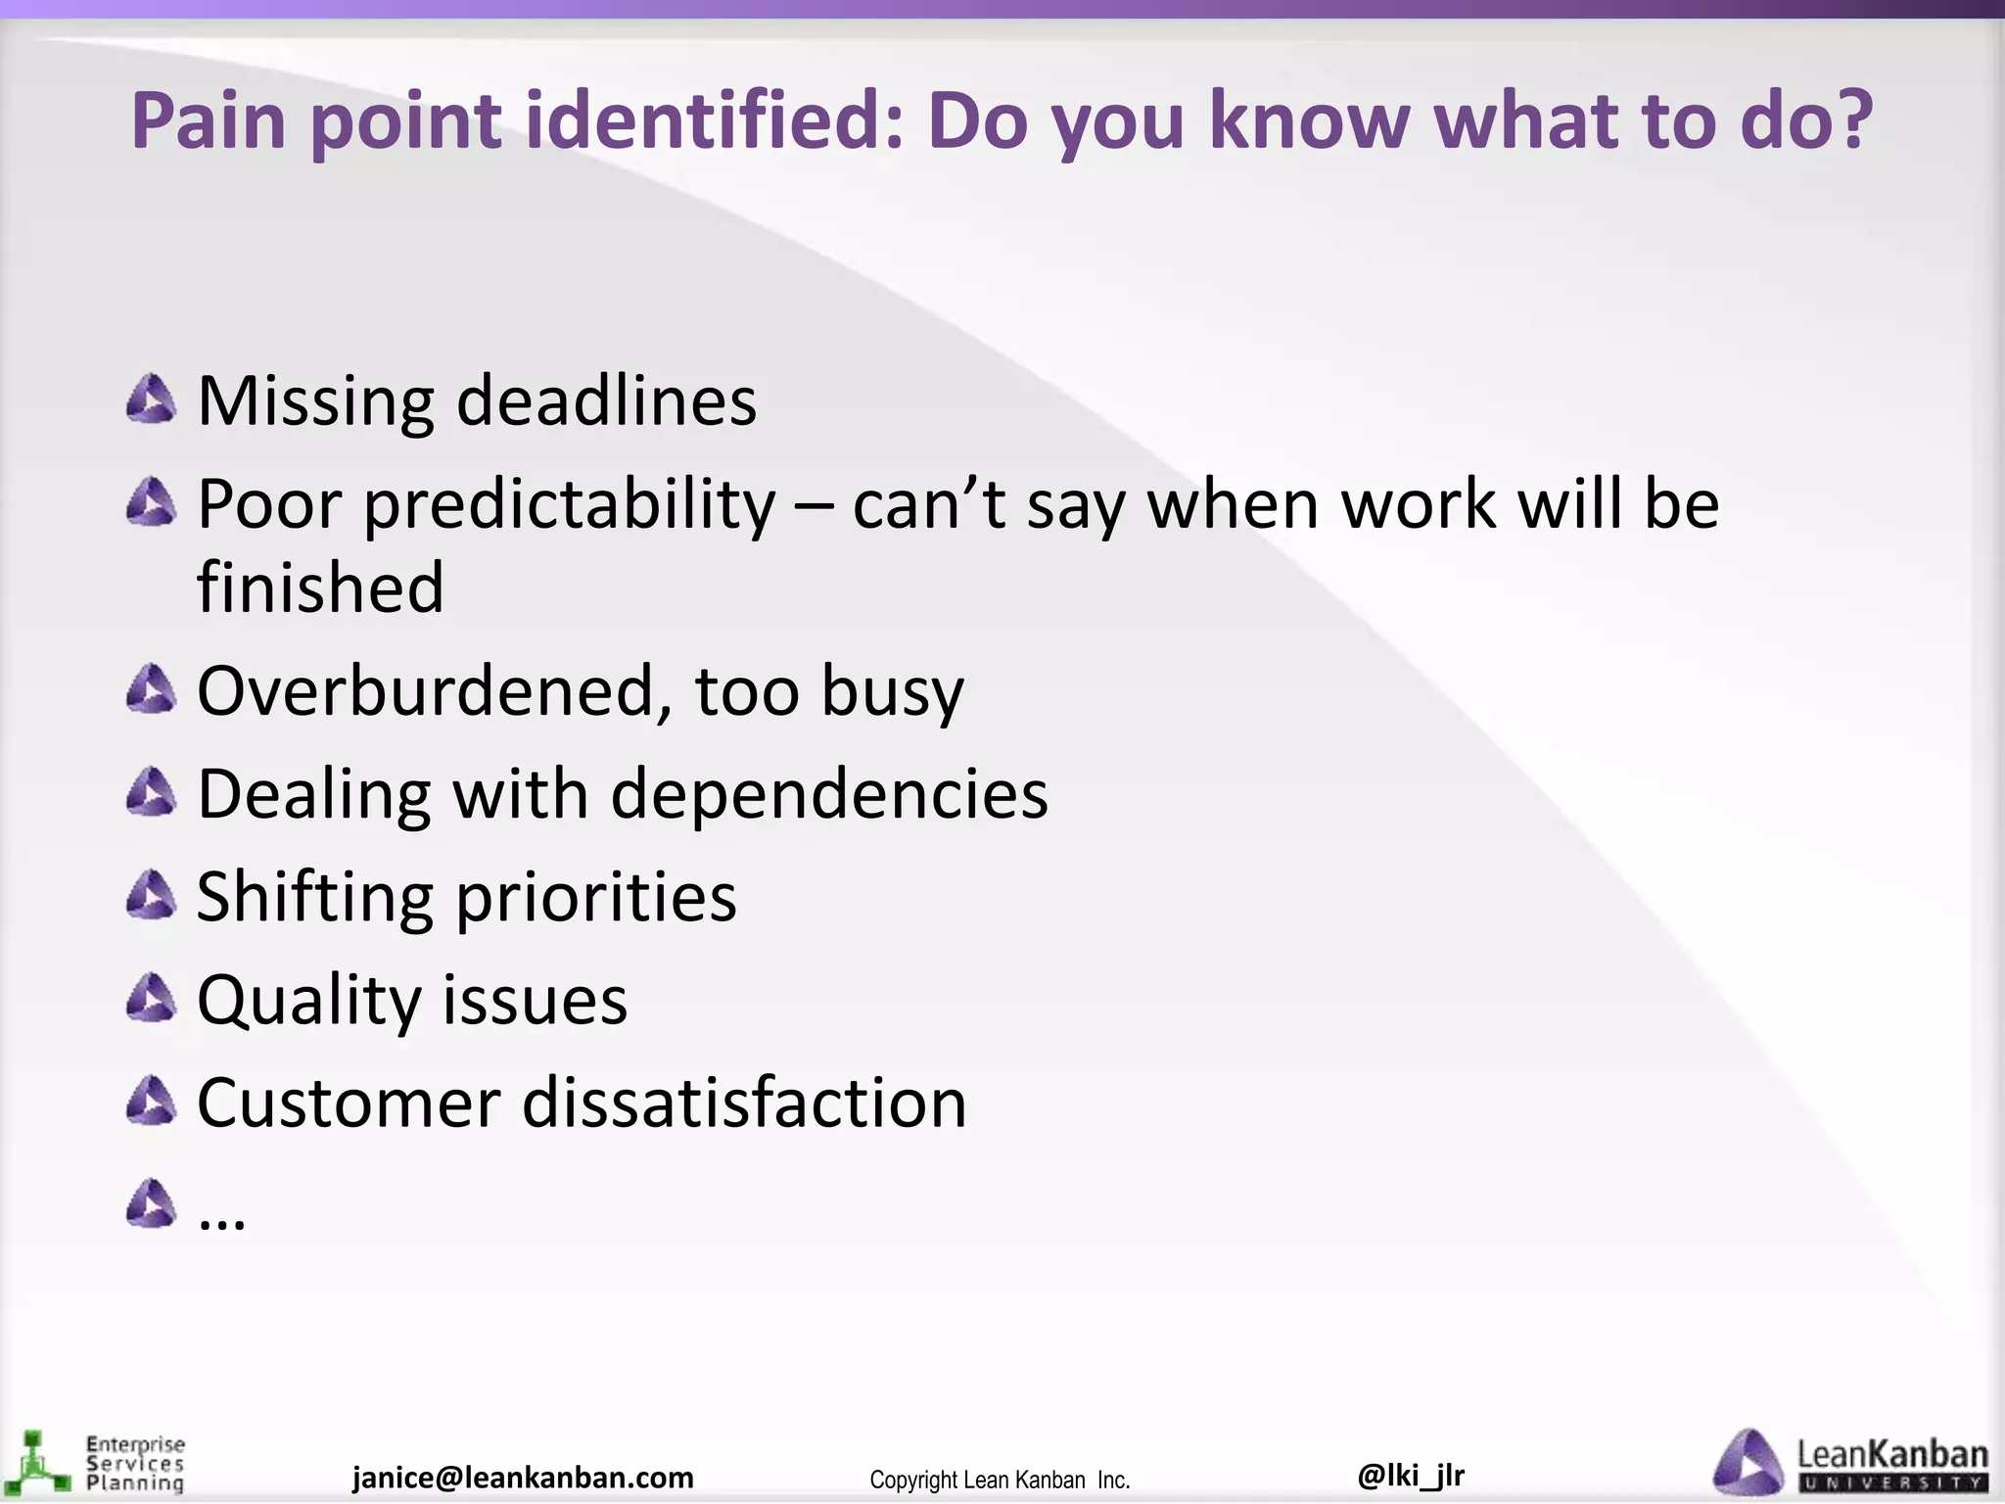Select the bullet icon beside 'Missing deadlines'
[x=152, y=399]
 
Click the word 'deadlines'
[x=606, y=401]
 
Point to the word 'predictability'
[x=570, y=506]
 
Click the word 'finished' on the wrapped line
[x=320, y=587]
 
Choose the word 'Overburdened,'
[x=435, y=691]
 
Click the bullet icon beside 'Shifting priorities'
[x=152, y=895]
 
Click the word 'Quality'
[x=308, y=1001]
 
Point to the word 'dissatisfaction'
[x=744, y=1104]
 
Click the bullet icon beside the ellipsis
[x=152, y=1203]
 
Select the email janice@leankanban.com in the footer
[x=523, y=1478]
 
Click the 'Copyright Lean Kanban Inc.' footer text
[x=1000, y=1480]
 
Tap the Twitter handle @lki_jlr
[x=1411, y=1475]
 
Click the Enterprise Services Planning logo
[x=94, y=1464]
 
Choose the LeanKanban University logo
[x=1849, y=1463]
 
